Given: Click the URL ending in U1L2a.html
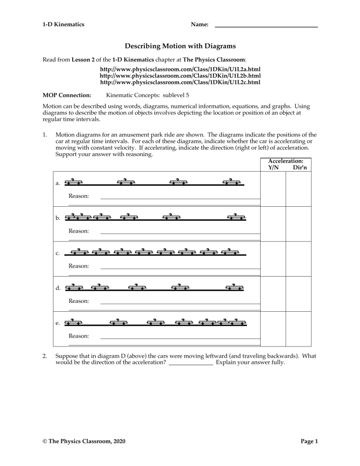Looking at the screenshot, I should [x=180, y=69].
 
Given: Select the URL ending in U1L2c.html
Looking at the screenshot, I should [x=180, y=82].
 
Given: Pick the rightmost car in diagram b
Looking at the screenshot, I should [x=236, y=217].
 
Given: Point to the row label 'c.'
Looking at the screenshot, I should [x=58, y=255].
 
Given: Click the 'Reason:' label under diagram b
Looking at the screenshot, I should [x=79, y=231].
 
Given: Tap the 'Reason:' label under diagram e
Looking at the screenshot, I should [x=79, y=336].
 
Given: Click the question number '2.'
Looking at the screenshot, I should [x=45, y=355].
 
